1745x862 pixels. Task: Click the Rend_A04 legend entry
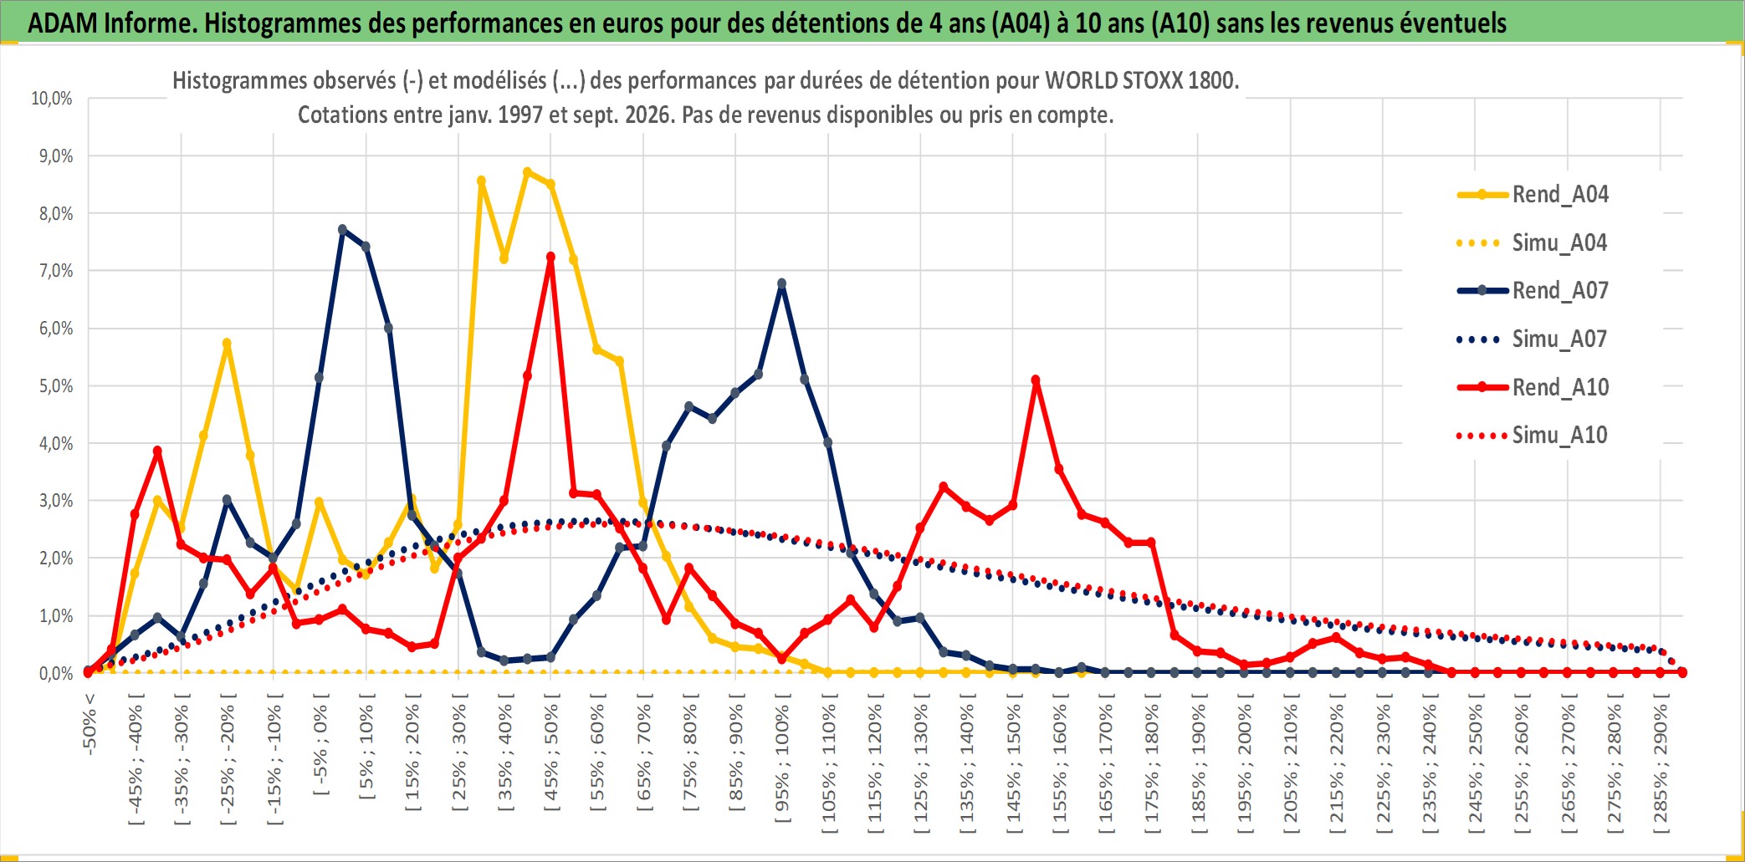coord(1533,195)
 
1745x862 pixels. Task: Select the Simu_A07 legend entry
coord(1533,339)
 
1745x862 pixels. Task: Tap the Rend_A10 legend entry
coord(1533,387)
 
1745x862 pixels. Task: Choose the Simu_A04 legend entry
coord(1533,243)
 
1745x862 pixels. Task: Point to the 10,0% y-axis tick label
coord(52,99)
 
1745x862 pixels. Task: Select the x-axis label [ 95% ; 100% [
coord(782,763)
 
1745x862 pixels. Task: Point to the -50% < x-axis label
coord(90,724)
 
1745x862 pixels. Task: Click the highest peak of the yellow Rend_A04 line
coord(527,172)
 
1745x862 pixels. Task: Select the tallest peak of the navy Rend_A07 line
coord(342,229)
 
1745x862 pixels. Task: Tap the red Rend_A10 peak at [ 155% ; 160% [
coord(1036,380)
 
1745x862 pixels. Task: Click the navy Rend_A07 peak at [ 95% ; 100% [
coord(782,284)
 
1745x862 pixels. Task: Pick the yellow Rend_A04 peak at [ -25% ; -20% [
coord(227,344)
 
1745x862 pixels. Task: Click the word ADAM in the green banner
coord(63,23)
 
